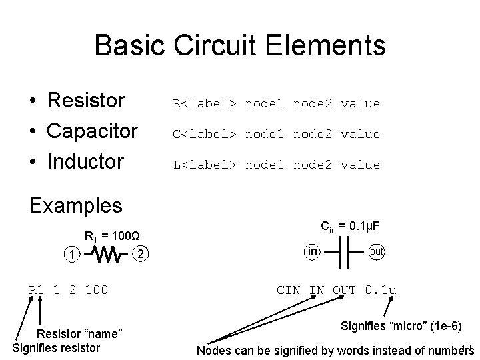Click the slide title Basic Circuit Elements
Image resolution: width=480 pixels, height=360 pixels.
tap(240, 45)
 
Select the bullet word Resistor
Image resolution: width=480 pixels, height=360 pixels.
tap(86, 101)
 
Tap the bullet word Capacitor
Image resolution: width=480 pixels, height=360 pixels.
tap(93, 131)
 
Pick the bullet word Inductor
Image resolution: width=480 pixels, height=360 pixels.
tap(85, 161)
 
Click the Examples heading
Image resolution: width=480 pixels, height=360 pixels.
tap(76, 205)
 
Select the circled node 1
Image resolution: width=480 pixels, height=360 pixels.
tap(71, 255)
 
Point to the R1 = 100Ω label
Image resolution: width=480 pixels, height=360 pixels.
tap(111, 235)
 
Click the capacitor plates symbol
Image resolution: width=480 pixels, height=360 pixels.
tap(345, 253)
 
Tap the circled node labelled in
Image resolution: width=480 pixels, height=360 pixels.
tap(312, 251)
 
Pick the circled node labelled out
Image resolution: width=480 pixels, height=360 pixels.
tap(376, 252)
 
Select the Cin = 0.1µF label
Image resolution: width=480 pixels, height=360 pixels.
tap(350, 227)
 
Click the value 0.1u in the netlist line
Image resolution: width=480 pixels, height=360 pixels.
tap(381, 290)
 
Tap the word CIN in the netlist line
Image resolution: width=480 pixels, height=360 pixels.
tap(289, 290)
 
